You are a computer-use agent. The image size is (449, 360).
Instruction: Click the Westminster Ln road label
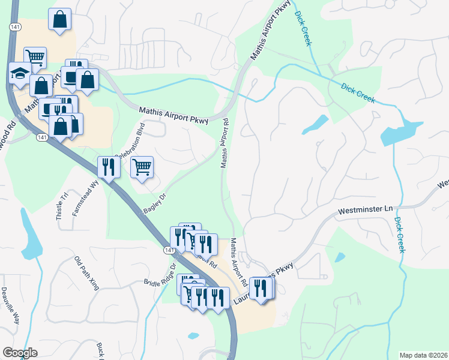coord(364,211)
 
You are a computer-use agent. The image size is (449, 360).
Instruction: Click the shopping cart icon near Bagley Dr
coord(142,167)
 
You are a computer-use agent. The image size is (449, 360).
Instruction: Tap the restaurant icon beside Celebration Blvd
coord(108,167)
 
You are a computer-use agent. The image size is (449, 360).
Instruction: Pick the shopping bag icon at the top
coord(59,19)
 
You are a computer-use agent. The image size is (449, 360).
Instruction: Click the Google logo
coord(20,353)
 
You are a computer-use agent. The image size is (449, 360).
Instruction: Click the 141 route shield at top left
coord(13,28)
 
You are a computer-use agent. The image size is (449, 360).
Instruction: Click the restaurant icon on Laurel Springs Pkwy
coord(260,289)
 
